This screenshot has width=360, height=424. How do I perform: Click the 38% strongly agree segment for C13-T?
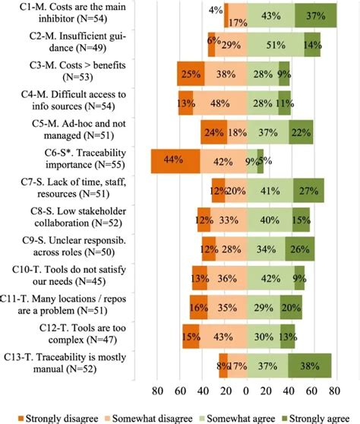pyautogui.click(x=310, y=365)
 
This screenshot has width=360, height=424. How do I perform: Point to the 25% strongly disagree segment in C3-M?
pyautogui.click(x=190, y=74)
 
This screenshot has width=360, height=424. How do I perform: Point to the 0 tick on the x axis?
pyautogui.click(x=246, y=394)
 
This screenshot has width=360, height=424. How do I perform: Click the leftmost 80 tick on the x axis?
pyautogui.click(x=158, y=394)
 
